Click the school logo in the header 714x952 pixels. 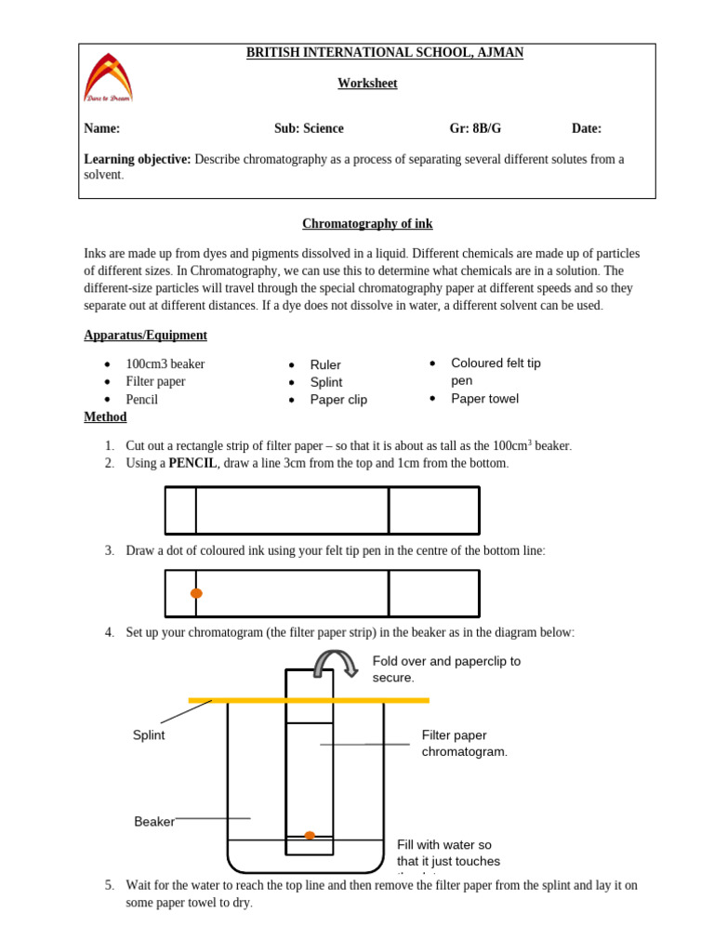tap(108, 77)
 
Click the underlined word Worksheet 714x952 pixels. tap(367, 84)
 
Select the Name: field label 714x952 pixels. tap(102, 129)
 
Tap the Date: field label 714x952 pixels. tap(587, 129)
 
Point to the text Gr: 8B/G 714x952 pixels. tap(482, 129)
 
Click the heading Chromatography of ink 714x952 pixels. tap(367, 224)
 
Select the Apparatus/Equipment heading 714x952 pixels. tap(146, 336)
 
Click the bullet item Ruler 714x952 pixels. tap(325, 365)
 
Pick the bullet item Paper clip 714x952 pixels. tap(338, 400)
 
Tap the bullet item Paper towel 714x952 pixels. tap(484, 399)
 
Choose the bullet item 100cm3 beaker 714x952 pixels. tap(165, 364)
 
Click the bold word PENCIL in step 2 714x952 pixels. tap(192, 463)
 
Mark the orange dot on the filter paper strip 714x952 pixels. tap(196, 593)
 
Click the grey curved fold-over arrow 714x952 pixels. tap(336, 662)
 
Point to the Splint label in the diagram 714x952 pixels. tap(149, 735)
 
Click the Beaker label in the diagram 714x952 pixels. tap(154, 822)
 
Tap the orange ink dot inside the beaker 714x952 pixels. tap(310, 835)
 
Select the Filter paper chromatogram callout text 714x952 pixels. tap(465, 744)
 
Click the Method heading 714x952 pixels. tap(105, 417)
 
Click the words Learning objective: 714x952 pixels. tap(138, 159)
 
